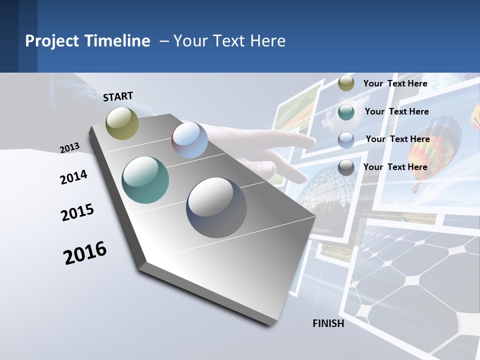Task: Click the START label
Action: point(118,96)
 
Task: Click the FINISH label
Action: point(328,323)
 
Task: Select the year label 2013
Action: point(69,147)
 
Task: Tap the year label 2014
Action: point(73,177)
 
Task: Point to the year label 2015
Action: point(77,212)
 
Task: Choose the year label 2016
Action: point(85,253)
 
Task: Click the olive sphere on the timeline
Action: point(122,123)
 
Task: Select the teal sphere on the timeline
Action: point(145,180)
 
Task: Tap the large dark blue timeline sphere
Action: point(216,207)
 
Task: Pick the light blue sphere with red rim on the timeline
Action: point(189,140)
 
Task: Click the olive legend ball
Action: point(346,83)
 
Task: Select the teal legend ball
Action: point(346,112)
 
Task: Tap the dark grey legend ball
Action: point(346,167)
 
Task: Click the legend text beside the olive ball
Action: point(395,83)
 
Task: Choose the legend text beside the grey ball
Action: point(395,167)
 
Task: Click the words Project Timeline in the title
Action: point(87,41)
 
